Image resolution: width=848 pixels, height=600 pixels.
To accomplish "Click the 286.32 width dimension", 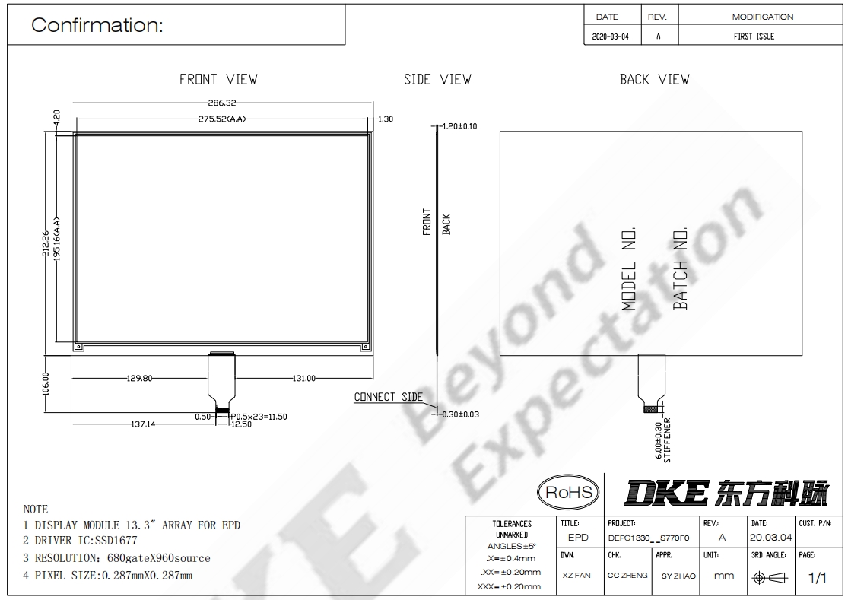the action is (x=222, y=103).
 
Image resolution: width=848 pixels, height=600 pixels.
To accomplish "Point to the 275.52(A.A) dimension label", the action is (x=222, y=119).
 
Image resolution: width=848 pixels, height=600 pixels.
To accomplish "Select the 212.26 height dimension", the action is (x=46, y=243).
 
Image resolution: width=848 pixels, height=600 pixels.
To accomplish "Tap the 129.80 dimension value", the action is (x=139, y=379).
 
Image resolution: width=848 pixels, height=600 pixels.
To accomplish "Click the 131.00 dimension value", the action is (x=304, y=379).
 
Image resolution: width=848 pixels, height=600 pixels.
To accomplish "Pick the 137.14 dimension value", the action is (x=143, y=424).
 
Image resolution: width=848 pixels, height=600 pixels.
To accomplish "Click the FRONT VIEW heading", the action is (x=218, y=79).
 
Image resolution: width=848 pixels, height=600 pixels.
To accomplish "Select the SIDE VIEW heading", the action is (x=437, y=79).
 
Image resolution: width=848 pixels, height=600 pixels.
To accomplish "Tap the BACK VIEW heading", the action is (x=654, y=79).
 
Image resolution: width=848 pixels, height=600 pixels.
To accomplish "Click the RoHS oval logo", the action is (x=568, y=493).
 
